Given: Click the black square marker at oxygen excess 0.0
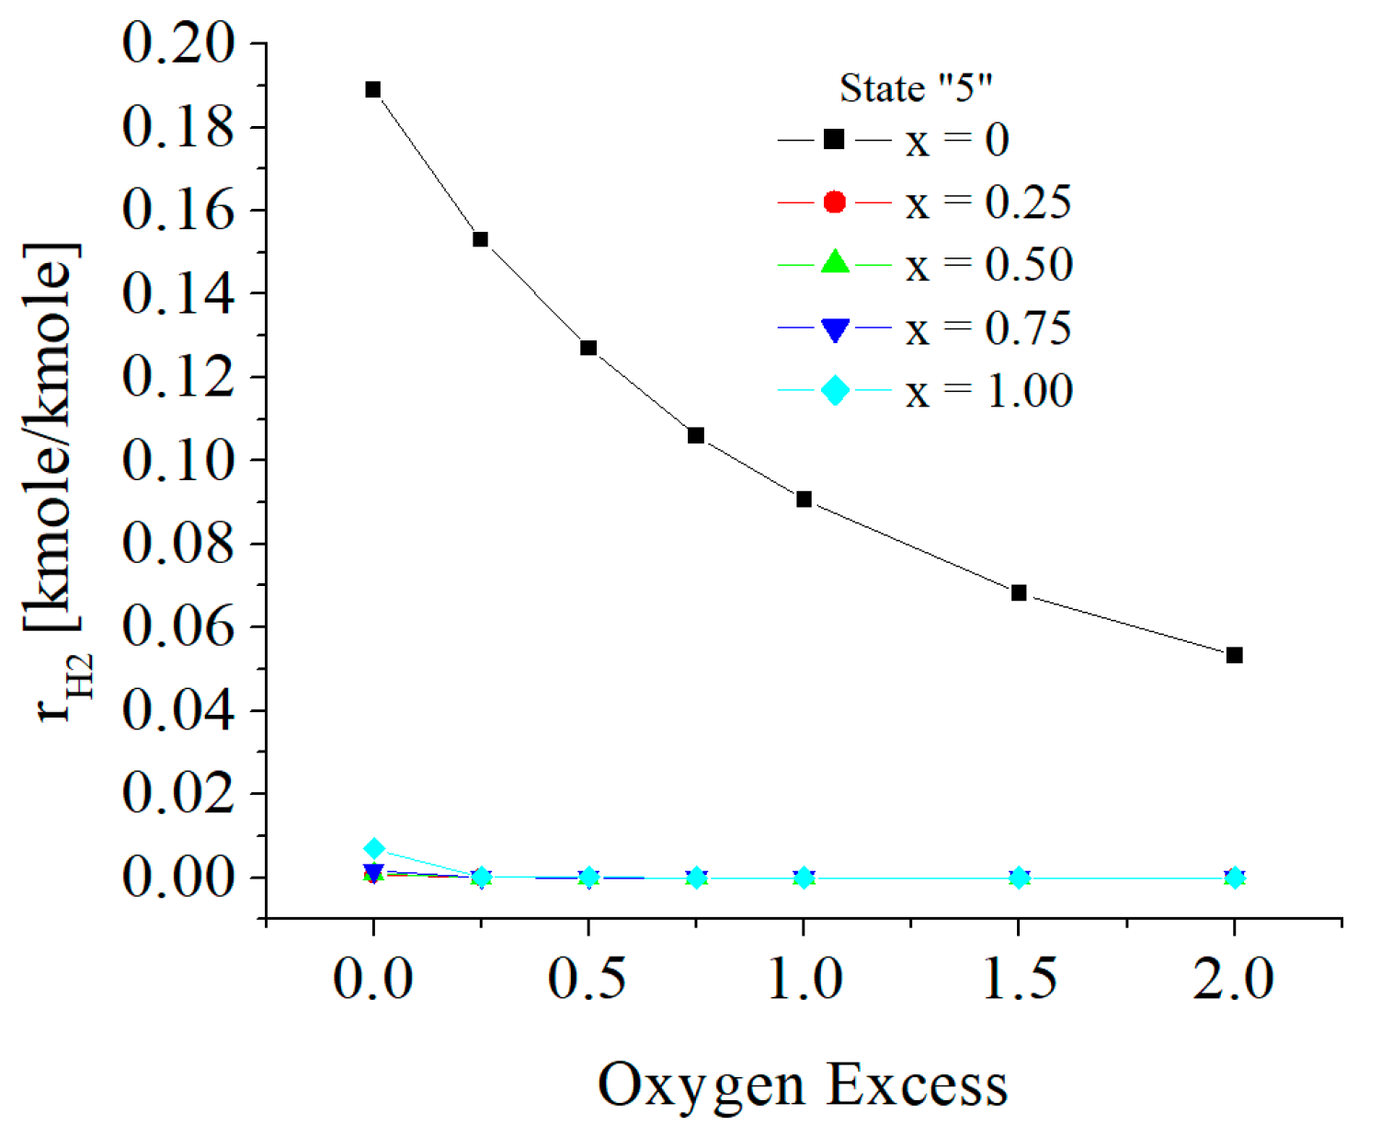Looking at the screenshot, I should point(373,89).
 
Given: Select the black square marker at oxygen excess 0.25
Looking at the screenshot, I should point(480,239).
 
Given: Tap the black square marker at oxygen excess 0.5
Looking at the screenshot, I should point(588,348).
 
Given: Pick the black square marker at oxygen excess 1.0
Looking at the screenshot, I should point(804,499).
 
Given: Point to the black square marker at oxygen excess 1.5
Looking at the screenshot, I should point(1019,592).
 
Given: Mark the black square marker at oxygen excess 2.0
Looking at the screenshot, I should point(1235,655).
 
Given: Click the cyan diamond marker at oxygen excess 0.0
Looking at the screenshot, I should point(373,848).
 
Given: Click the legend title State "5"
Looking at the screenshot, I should point(916,88).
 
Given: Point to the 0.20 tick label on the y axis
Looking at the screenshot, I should point(178,43).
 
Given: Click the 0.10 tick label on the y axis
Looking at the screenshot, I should point(178,460).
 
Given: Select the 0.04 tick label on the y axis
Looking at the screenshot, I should point(178,710).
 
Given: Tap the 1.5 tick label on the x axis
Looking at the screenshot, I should point(1019,979).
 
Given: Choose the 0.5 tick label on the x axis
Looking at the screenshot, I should point(588,979).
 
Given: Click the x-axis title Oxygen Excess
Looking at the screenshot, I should point(803,1085).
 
